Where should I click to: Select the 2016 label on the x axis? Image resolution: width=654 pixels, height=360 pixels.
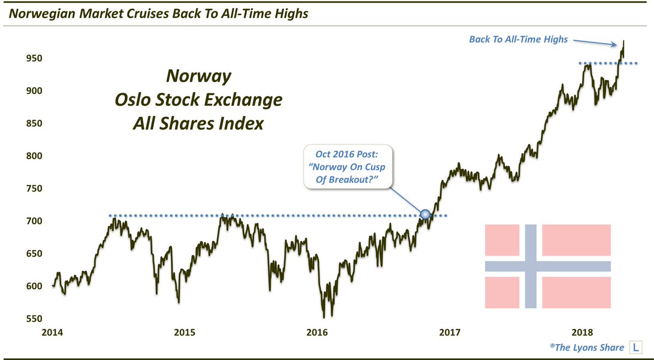(317, 332)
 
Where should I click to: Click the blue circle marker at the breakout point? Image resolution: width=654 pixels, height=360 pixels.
(425, 216)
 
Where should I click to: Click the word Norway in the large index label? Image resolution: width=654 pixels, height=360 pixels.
(198, 76)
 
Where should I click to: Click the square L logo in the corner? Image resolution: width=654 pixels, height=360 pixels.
(635, 346)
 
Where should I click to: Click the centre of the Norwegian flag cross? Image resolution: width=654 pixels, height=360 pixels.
(531, 266)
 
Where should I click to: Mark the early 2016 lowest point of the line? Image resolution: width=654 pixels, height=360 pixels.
(324, 316)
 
